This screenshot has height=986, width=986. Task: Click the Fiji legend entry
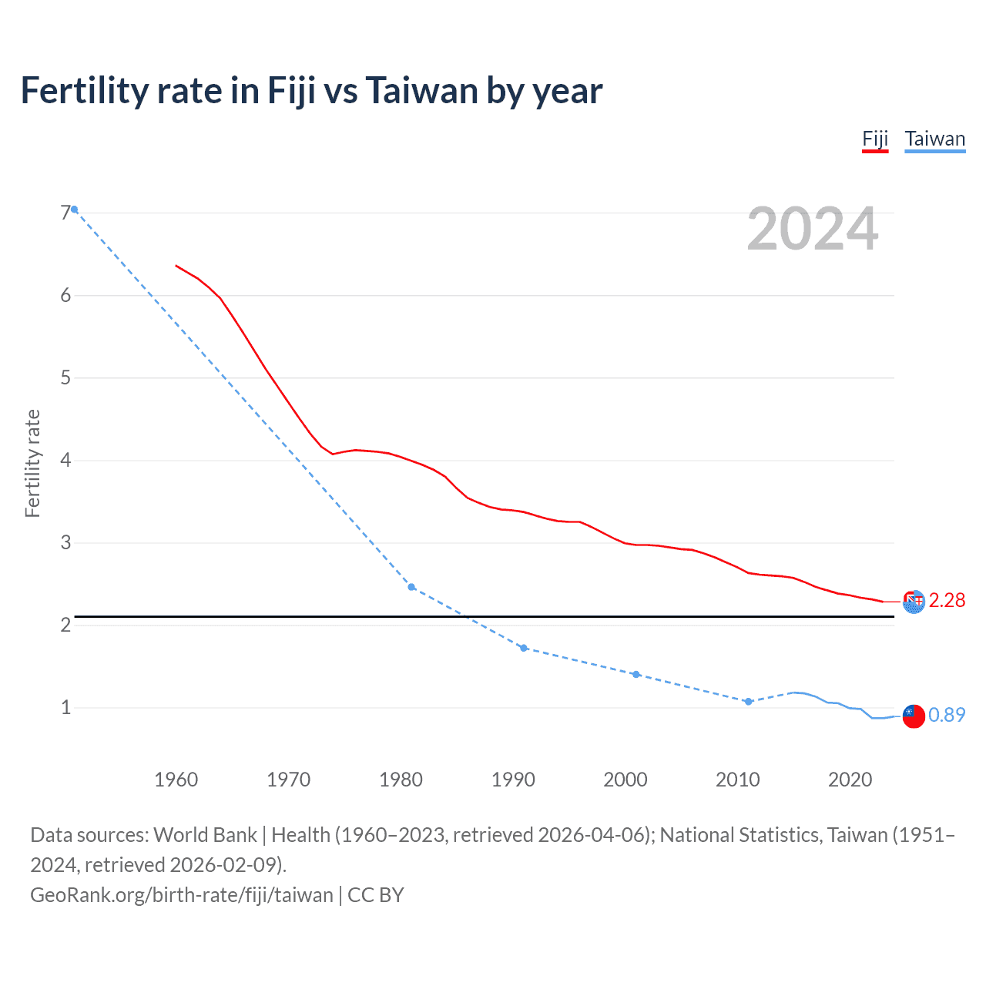click(874, 139)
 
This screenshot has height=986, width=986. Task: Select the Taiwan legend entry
click(934, 139)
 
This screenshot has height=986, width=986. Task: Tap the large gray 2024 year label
click(812, 229)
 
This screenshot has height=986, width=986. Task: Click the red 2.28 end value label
click(947, 601)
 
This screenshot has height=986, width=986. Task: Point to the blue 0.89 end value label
click(947, 716)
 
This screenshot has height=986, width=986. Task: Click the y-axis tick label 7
click(65, 213)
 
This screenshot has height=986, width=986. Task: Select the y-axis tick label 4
click(65, 461)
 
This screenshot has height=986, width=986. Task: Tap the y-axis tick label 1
click(65, 708)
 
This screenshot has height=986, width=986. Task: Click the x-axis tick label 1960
click(176, 780)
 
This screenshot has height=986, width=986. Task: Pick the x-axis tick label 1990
click(513, 780)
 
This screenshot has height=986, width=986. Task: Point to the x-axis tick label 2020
click(850, 780)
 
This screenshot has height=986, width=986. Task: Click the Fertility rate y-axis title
click(32, 463)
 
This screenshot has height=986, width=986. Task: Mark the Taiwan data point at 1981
click(411, 587)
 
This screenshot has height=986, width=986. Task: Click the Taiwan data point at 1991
click(524, 648)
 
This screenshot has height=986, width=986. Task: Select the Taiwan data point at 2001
click(636, 674)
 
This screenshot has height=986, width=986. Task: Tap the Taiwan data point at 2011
click(748, 702)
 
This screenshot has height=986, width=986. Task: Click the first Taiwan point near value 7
click(74, 210)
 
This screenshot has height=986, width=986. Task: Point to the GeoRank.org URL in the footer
click(182, 895)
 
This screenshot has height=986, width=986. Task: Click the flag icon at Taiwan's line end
click(913, 716)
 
